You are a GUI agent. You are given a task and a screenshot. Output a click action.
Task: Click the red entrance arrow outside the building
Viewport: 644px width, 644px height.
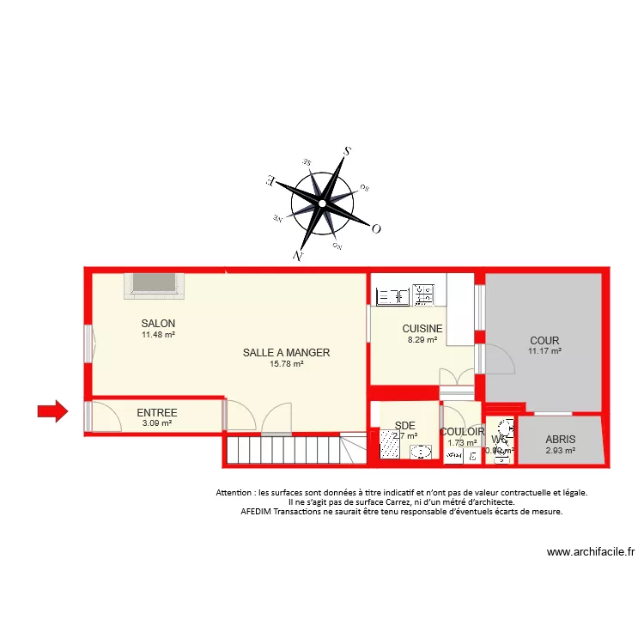52,413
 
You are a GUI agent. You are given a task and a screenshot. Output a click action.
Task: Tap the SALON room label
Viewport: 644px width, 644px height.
159,324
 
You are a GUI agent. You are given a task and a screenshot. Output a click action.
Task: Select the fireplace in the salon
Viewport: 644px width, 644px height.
153,285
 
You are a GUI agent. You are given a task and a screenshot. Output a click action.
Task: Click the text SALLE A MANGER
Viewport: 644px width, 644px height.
286,353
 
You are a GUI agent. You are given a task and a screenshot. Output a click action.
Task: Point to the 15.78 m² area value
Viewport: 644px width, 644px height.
286,364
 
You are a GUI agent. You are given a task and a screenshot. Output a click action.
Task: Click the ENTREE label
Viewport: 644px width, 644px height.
156,413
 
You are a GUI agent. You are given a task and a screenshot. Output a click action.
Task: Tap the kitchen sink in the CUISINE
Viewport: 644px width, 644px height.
392,296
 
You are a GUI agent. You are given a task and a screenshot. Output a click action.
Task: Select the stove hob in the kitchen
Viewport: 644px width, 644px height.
422,295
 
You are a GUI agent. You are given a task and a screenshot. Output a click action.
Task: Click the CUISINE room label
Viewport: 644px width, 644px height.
422,329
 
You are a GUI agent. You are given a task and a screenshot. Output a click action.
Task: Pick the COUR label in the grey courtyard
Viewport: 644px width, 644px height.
544,341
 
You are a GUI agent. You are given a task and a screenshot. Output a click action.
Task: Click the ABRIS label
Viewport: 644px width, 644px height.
559,439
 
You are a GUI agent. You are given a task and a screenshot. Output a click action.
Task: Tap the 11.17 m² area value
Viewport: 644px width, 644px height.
544,351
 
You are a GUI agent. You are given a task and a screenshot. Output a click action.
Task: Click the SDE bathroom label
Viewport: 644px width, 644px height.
405,425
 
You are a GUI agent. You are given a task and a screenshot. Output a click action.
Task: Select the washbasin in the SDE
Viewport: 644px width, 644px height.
421,452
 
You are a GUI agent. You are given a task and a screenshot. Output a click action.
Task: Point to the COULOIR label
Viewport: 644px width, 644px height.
462,433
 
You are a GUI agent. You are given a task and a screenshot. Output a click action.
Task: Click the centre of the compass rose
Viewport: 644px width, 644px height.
322,204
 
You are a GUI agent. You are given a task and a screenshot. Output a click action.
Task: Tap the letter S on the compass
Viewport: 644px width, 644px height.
347,151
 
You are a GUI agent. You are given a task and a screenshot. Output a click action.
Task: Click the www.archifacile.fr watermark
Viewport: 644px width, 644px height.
590,553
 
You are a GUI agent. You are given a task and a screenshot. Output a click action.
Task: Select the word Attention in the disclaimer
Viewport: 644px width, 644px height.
236,493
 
